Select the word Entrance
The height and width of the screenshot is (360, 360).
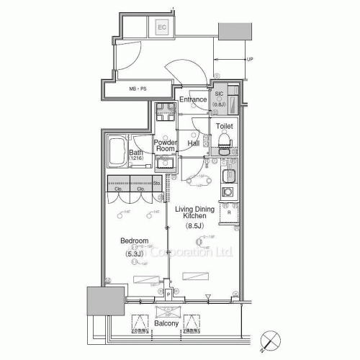pyautogui.click(x=193, y=99)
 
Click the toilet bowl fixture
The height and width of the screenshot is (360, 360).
pyautogui.click(x=223, y=140)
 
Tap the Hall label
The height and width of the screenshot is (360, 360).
pyautogui.click(x=194, y=143)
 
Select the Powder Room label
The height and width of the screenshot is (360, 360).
pyautogui.click(x=165, y=146)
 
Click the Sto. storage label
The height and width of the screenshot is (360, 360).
pyautogui.click(x=158, y=184)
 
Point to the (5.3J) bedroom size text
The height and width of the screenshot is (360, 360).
pyautogui.click(x=134, y=253)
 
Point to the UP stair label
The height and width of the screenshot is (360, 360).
pyautogui.click(x=249, y=60)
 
